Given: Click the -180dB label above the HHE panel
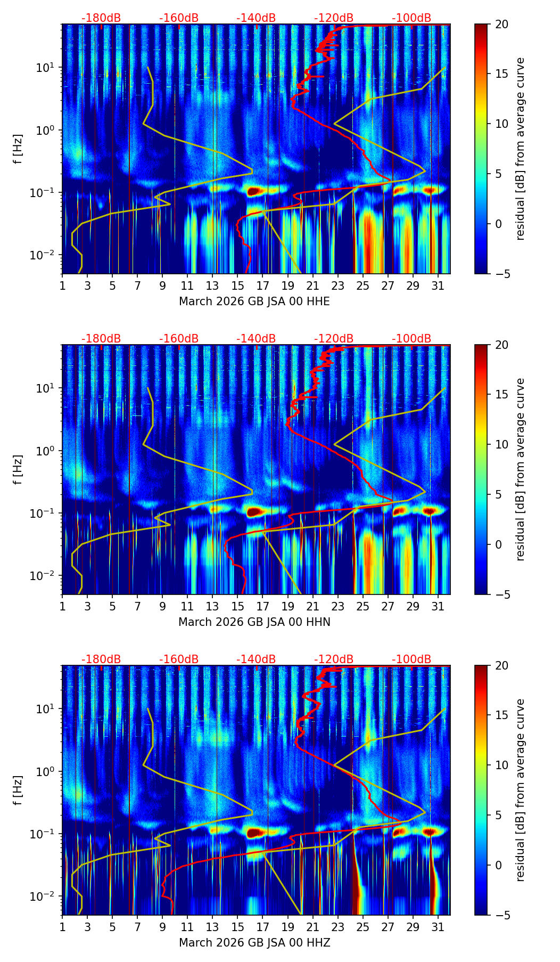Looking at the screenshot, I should [101, 18].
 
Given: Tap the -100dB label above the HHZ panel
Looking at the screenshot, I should [411, 659].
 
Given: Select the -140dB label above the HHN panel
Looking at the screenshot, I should [256, 339].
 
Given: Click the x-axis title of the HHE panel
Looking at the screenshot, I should [254, 301].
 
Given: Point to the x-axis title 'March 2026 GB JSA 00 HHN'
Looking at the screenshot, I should [254, 622].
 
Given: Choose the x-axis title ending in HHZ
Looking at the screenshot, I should [254, 943].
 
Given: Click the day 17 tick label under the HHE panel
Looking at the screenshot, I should [262, 286].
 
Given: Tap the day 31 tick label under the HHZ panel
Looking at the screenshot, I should [438, 927].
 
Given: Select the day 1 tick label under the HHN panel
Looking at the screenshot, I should [62, 607].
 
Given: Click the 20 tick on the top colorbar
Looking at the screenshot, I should [501, 25].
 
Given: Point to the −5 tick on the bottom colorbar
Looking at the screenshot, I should [501, 915].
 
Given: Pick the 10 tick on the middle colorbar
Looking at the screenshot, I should [501, 444].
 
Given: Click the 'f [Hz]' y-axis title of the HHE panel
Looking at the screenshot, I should [18, 149].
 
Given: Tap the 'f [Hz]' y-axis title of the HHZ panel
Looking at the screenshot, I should [18, 790].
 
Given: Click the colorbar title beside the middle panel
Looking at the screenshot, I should [521, 469].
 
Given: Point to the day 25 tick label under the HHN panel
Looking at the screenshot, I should [363, 607].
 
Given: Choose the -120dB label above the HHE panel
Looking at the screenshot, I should [334, 18].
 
